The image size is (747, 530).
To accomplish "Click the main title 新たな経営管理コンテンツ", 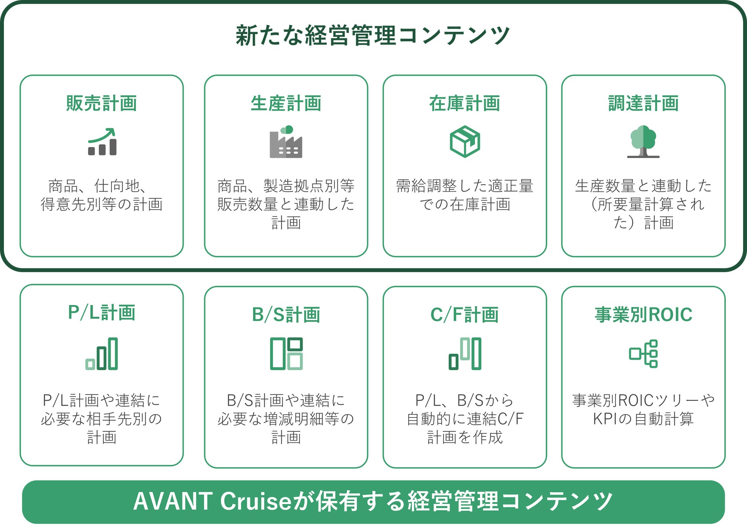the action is tap(373, 35).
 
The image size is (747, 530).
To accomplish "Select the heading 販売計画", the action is tap(102, 103).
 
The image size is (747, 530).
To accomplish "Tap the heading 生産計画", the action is tap(286, 103).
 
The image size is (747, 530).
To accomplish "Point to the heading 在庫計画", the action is tap(465, 103).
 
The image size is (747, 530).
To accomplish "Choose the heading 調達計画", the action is tap(643, 103).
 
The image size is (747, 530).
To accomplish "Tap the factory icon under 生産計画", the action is tap(286, 142).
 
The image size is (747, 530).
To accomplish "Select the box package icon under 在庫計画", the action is tap(465, 142).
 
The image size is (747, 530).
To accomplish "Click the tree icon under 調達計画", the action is tap(643, 142).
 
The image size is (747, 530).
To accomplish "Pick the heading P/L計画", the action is tap(102, 313).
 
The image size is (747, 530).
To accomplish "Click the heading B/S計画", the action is tap(286, 314).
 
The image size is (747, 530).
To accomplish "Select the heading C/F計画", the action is tap(465, 314).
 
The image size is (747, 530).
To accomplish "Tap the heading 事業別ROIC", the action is tap(643, 314).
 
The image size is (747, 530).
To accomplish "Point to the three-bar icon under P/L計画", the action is tap(102, 354).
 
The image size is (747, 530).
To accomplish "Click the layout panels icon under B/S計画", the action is tap(286, 354).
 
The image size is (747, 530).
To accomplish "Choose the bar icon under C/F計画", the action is tap(465, 354).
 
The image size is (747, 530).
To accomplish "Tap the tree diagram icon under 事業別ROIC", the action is tap(643, 354).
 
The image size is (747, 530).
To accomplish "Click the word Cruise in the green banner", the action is tap(256, 501).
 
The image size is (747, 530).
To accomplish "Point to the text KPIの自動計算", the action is tap(643, 419).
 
